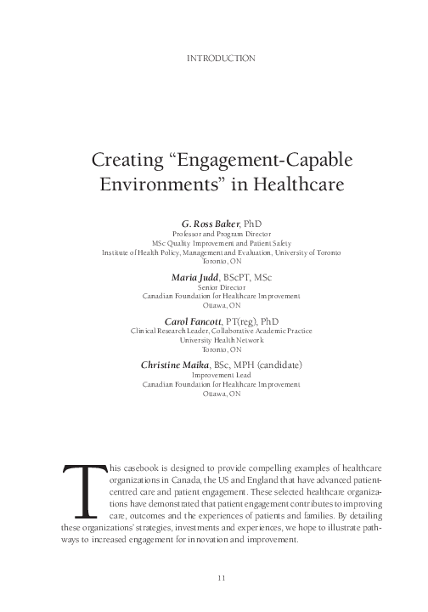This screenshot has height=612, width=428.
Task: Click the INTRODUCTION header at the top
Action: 220,58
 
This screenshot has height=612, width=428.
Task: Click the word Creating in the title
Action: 130,161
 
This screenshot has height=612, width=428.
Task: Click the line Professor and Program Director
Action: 220,233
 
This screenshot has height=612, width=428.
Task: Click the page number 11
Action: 220,578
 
